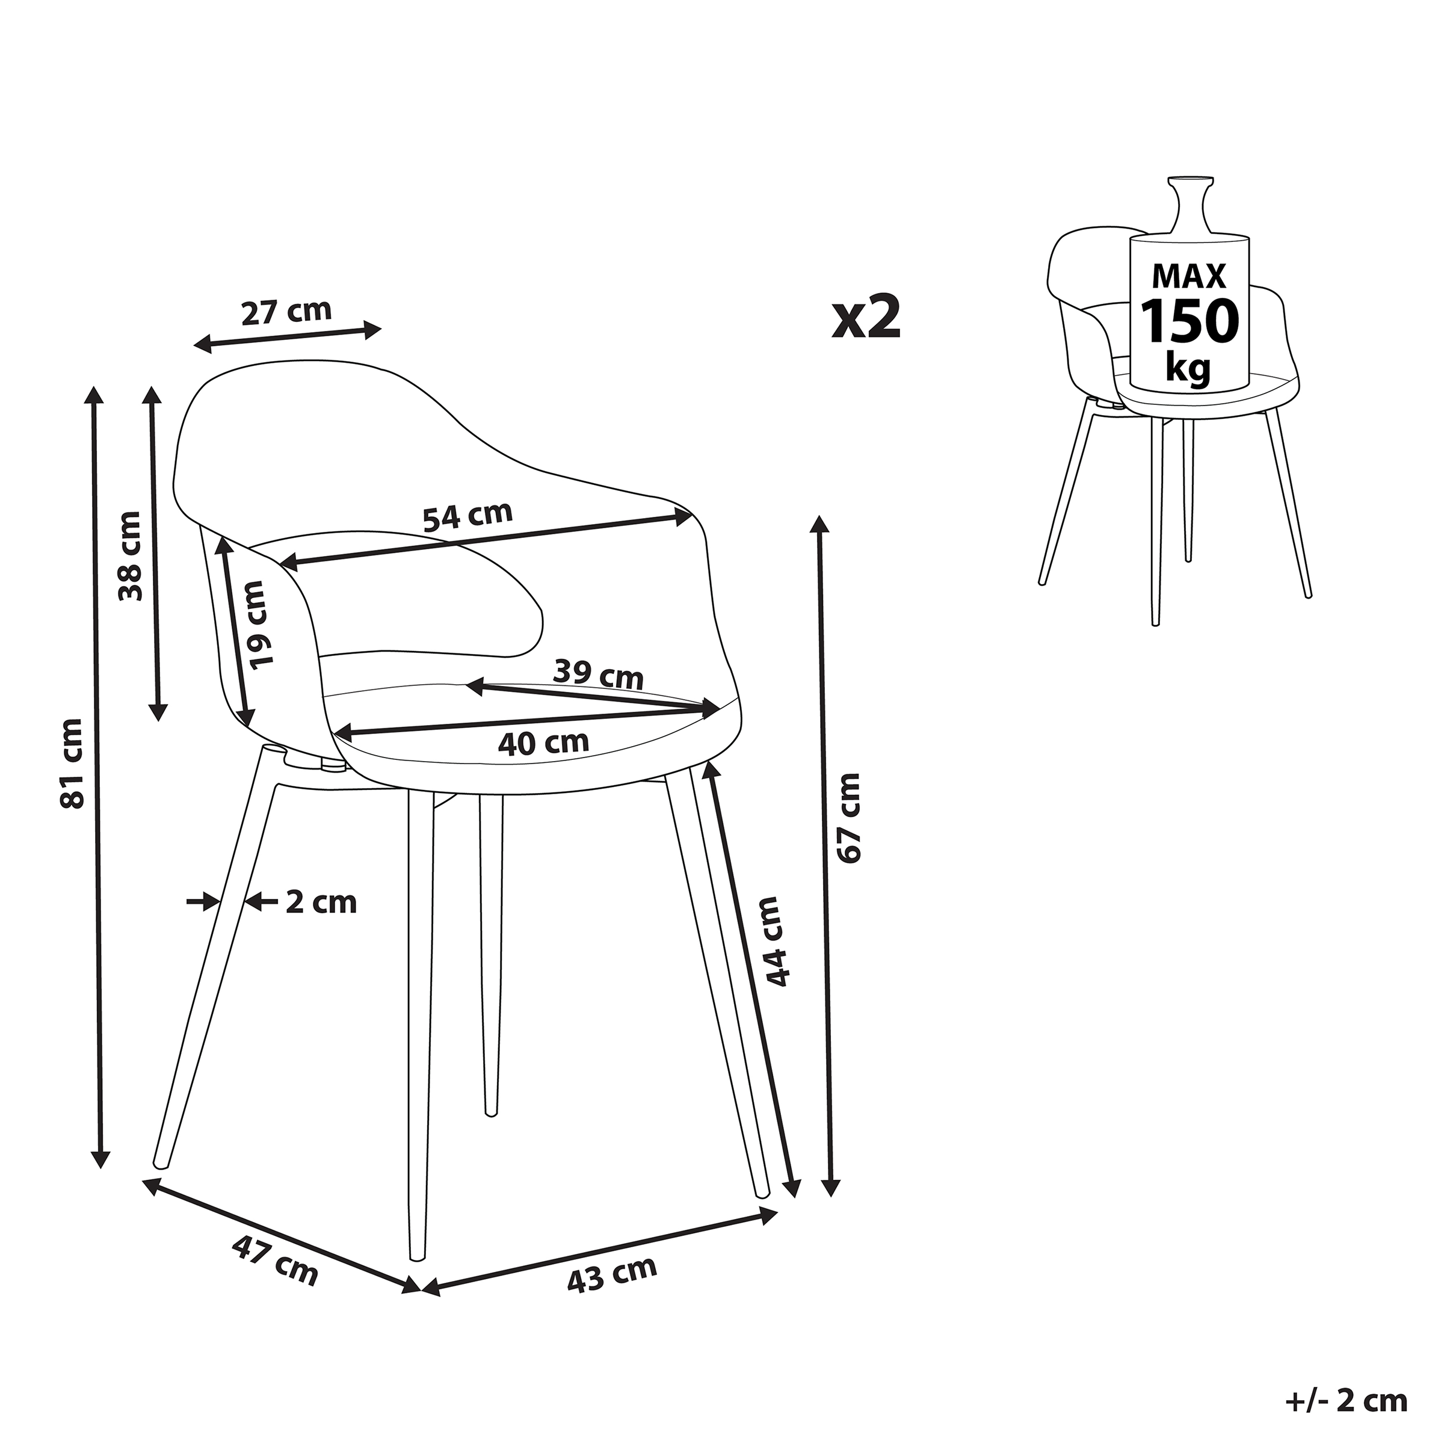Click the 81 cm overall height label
(72, 762)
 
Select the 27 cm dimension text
(286, 310)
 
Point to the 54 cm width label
(468, 516)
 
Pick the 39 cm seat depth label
(598, 675)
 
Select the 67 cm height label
(849, 818)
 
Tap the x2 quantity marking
(866, 318)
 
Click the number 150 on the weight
(1188, 321)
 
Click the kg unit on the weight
(1188, 367)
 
